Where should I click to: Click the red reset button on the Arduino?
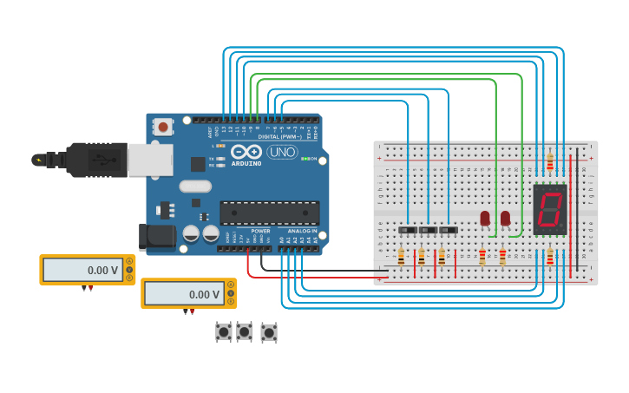pos(162,128)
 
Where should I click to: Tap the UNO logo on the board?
pos(281,152)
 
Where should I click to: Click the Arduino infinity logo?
pos(246,151)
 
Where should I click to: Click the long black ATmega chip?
pos(269,213)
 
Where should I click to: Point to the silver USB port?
pos(149,160)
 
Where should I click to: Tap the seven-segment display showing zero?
pos(550,209)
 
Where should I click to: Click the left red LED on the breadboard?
pos(484,218)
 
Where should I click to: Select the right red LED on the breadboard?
pos(505,218)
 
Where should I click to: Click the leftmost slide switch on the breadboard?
pos(407,230)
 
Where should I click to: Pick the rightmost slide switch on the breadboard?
pos(448,230)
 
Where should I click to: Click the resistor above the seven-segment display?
pos(550,162)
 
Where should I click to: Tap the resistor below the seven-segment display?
pos(550,256)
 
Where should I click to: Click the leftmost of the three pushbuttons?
pos(224,331)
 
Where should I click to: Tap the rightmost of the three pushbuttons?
pos(269,332)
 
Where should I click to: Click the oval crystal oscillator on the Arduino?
pos(195,186)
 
